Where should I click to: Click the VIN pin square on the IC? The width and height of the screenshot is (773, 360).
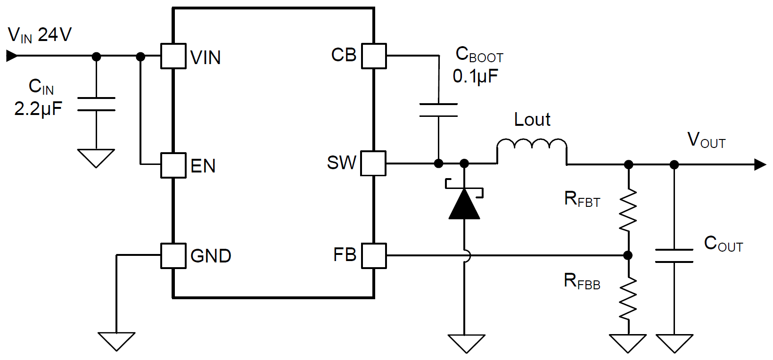click(173, 56)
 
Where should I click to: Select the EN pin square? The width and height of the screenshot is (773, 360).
click(173, 165)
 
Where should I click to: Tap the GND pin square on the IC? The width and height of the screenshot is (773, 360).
click(173, 256)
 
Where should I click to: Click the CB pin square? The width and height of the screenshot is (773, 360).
click(374, 56)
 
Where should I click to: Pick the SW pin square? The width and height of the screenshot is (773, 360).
click(374, 164)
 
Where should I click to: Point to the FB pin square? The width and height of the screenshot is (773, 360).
click(374, 256)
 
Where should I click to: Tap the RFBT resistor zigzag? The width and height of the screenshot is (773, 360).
click(628, 210)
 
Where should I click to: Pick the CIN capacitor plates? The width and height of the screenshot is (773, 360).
click(96, 104)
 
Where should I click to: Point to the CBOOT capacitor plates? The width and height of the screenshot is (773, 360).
click(438, 110)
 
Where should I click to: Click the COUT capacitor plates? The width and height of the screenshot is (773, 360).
click(674, 256)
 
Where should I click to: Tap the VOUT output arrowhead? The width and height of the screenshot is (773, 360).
click(760, 164)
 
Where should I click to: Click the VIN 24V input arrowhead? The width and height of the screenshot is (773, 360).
click(12, 56)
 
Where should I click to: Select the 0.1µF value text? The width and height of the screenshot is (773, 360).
click(475, 76)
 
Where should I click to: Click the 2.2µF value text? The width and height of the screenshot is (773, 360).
click(38, 109)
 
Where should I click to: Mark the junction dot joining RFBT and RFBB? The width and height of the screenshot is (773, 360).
click(628, 255)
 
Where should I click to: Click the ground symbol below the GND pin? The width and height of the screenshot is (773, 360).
click(116, 341)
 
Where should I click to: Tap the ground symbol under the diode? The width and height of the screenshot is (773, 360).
click(466, 343)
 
